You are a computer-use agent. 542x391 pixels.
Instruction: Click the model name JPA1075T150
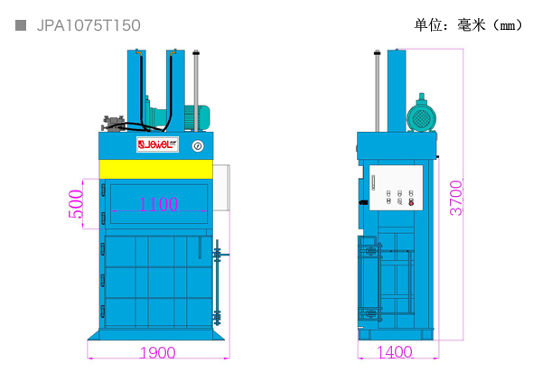(89, 25)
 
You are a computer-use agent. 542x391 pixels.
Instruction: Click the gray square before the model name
(21, 25)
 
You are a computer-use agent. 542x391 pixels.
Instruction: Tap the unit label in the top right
(468, 25)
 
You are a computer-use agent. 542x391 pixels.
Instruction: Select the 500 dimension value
(76, 204)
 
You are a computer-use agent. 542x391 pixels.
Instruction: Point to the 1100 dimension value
(159, 204)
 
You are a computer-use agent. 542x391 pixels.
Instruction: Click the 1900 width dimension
(157, 353)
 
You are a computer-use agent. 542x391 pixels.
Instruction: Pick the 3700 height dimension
(456, 198)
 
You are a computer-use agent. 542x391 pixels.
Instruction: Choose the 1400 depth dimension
(395, 352)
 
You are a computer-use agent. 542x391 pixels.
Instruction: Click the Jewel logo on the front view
(157, 144)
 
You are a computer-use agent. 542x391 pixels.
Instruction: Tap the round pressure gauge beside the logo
(198, 146)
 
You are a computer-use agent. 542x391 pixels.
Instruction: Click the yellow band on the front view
(156, 169)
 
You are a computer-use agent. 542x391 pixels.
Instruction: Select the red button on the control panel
(411, 203)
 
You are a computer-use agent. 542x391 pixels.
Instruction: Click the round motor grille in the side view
(421, 118)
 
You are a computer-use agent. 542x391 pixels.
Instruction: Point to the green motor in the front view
(197, 117)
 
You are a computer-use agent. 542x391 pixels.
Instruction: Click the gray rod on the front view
(196, 91)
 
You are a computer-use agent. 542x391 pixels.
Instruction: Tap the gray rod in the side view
(377, 91)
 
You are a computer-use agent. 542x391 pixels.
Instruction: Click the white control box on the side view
(397, 188)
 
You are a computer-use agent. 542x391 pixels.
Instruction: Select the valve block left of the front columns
(114, 124)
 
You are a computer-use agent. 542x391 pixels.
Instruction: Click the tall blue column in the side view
(397, 90)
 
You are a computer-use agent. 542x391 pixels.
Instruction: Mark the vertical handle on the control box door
(373, 182)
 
